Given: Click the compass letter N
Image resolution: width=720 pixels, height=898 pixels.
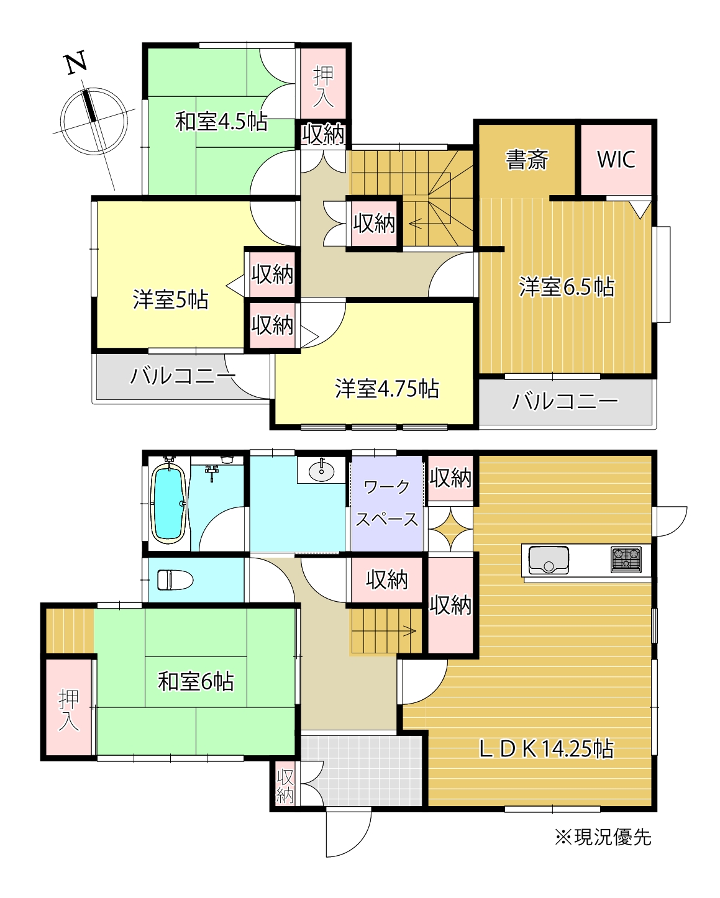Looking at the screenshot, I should coord(76,64).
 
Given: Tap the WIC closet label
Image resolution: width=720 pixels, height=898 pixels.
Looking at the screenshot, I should coord(616,160).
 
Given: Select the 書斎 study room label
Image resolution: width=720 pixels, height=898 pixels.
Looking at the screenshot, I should coord(527,160).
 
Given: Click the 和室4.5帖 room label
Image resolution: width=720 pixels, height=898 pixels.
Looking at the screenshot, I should coord(221,122).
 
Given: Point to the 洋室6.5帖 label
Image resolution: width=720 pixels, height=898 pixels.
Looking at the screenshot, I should coord(567,288).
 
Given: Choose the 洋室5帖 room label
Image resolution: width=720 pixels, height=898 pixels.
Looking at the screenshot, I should coord(170,300).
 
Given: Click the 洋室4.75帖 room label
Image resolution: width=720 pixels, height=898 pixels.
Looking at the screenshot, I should coord(386,389).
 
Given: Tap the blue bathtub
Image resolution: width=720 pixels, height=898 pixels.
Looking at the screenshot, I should coord(168,504).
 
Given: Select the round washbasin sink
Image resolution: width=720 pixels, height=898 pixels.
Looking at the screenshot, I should coord(321,471).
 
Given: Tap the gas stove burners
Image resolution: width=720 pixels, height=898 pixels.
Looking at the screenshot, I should coord(626,558).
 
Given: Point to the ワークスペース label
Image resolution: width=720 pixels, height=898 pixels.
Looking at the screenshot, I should coord(386,503).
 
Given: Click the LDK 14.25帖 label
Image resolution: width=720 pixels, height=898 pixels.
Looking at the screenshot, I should coord(545,749).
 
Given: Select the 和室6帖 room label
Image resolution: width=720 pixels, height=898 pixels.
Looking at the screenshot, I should coord(196,682).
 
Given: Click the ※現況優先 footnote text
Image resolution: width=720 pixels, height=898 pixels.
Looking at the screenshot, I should coord(603,837).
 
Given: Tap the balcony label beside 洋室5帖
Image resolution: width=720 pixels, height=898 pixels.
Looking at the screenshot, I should coord(183,376).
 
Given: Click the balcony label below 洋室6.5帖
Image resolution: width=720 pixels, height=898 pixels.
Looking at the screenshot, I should coord(564,402).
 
